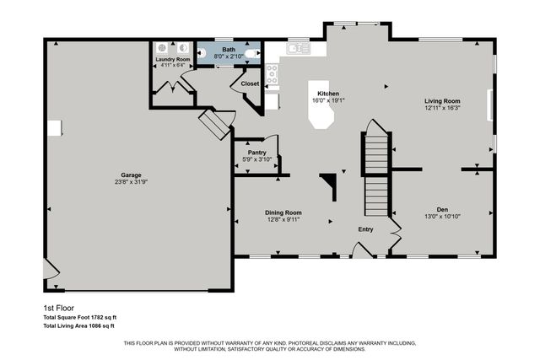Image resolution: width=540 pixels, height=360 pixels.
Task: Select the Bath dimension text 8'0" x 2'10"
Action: click(229, 56)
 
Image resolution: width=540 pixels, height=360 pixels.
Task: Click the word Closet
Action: click(250, 84)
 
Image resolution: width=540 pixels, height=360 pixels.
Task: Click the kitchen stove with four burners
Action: click(273, 75)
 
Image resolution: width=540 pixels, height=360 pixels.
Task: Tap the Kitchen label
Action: click(328, 93)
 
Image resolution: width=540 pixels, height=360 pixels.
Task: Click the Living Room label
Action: click(443, 101)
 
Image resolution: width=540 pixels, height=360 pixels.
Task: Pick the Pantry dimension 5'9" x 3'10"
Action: click(256, 159)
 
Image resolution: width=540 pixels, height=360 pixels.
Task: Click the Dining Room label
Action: click(283, 212)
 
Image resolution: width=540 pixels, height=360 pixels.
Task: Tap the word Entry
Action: click(365, 229)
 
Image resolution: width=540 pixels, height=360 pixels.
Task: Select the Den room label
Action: click(442, 209)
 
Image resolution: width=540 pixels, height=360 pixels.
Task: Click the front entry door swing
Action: click(362, 249)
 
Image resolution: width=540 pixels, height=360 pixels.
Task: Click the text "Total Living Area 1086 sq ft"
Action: click(78, 325)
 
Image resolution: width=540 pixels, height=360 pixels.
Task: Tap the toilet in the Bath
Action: click(202, 52)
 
